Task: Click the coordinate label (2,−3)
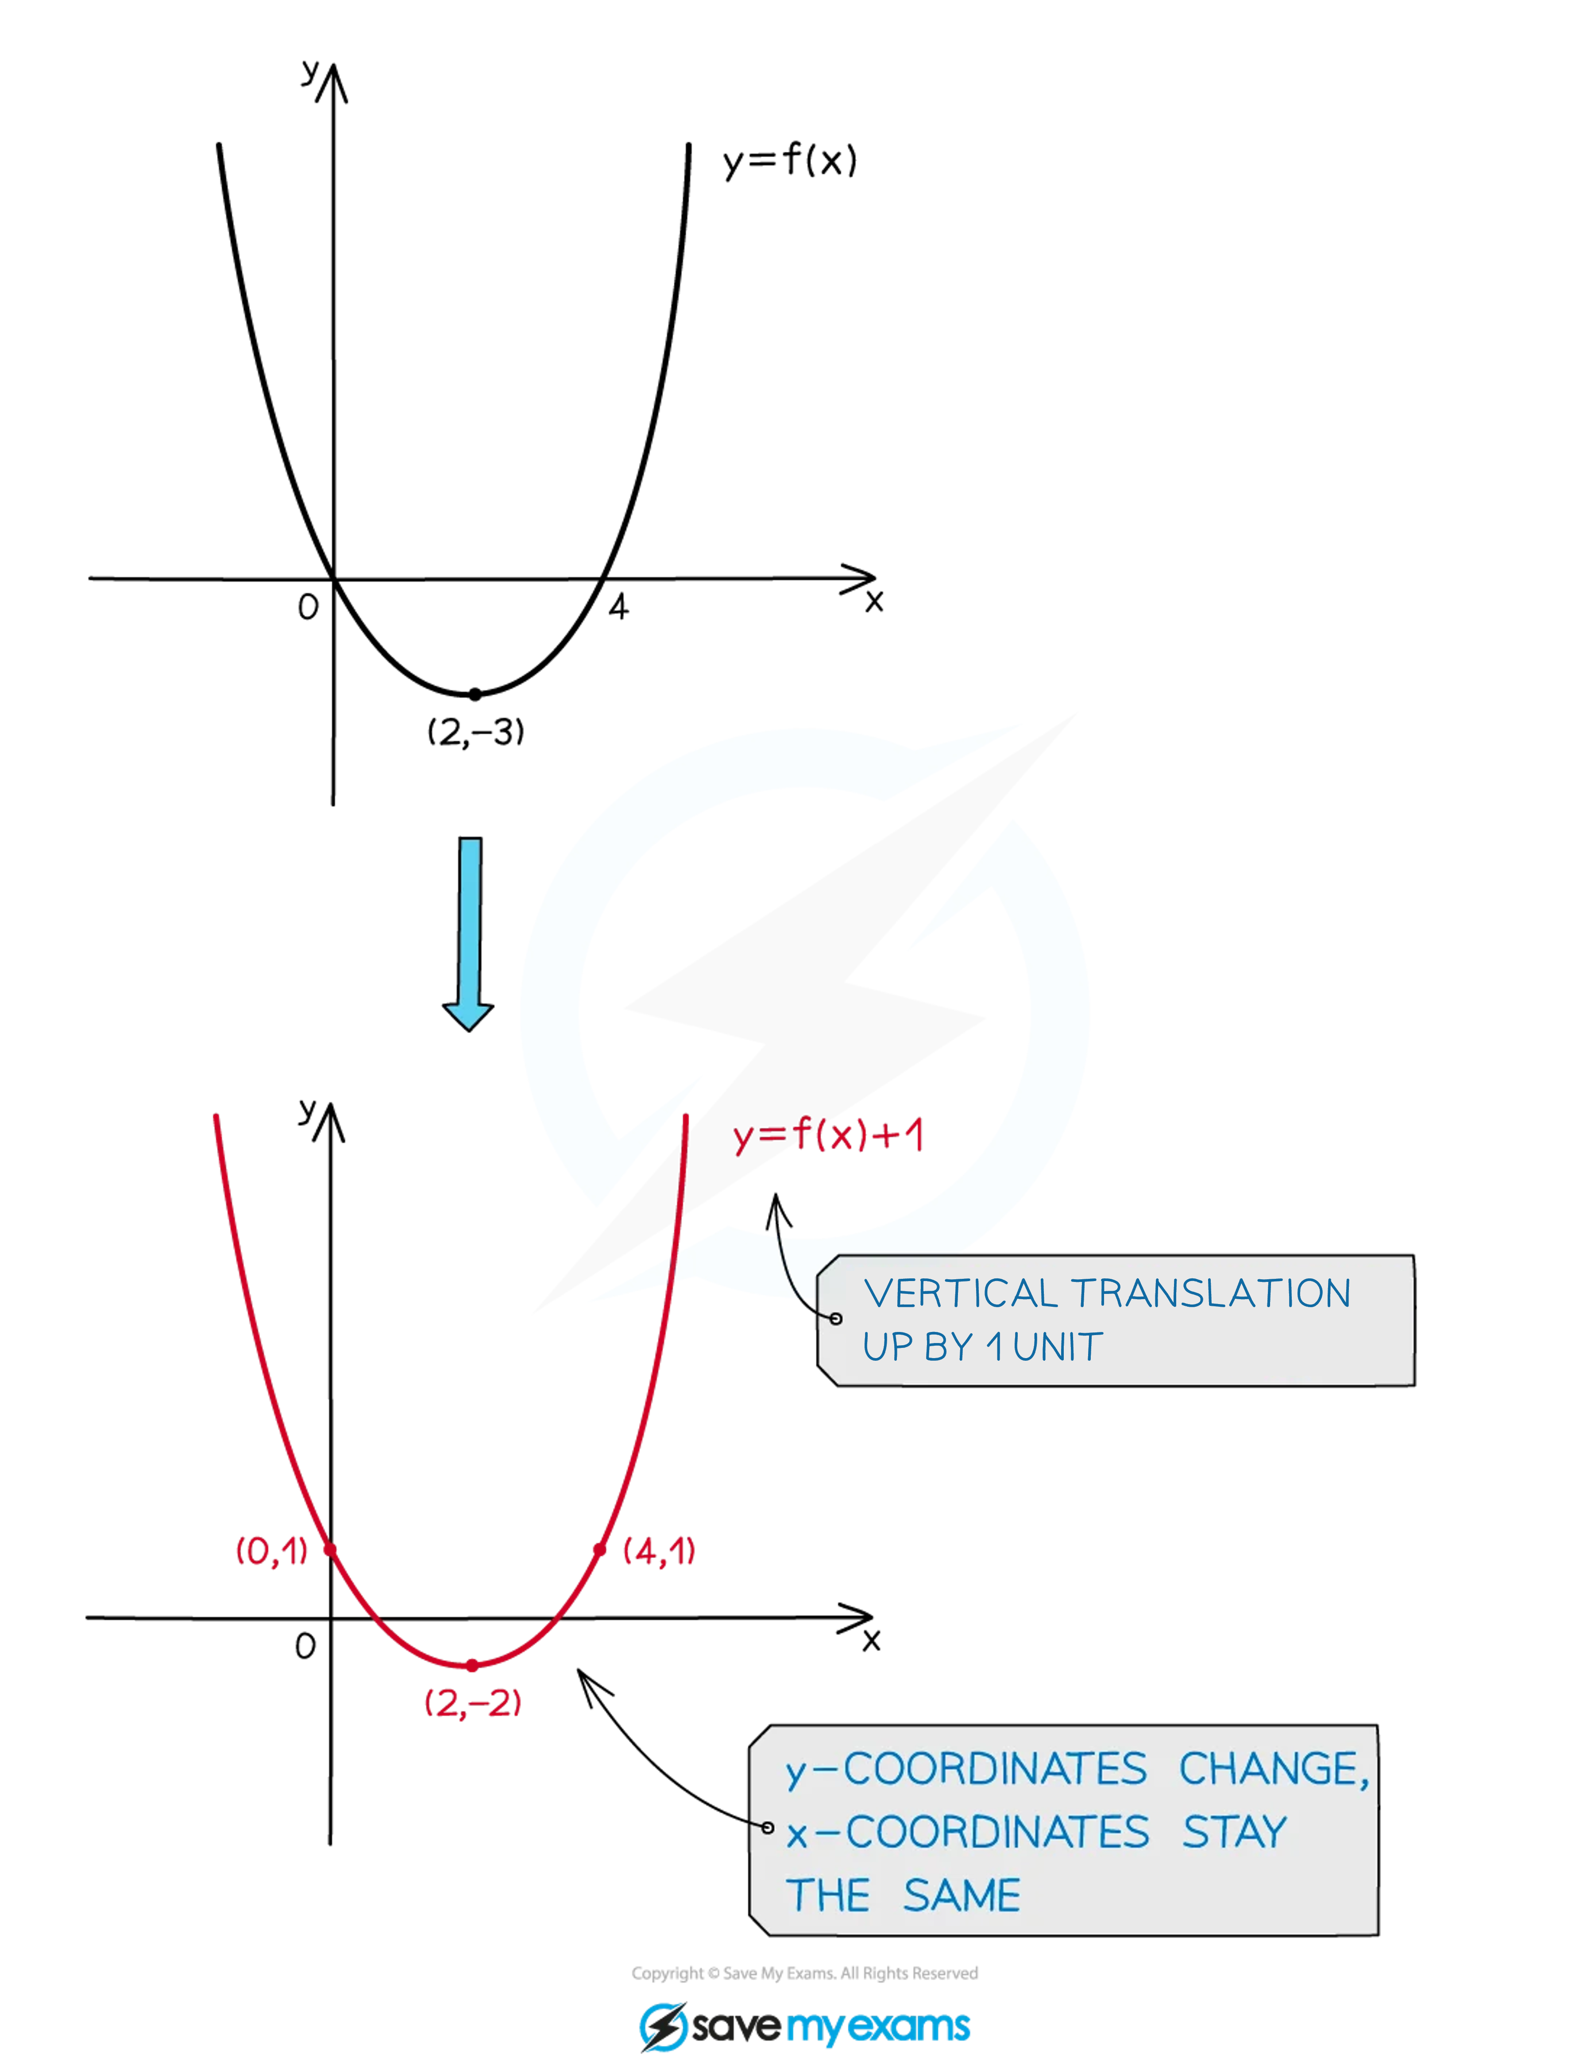pos(475,732)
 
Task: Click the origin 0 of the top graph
pos(308,607)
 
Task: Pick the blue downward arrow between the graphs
pos(468,934)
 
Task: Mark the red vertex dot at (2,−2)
pos(472,1665)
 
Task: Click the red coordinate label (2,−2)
pos(472,1703)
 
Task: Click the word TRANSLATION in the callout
pos(1211,1293)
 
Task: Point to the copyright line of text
pos(804,1973)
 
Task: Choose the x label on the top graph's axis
pos(873,601)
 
